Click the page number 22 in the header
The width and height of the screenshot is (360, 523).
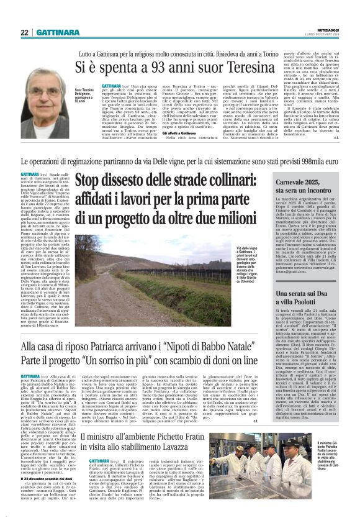(x=24, y=32)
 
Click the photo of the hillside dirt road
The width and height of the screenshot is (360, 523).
(x=119, y=276)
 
